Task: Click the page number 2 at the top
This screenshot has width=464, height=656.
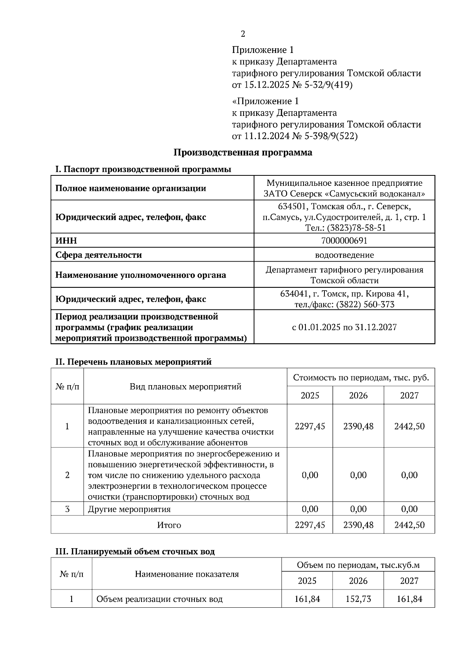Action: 243,34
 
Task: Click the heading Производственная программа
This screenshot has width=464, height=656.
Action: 242,152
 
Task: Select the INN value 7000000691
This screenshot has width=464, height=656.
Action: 344,241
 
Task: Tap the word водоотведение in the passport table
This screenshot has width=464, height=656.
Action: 344,255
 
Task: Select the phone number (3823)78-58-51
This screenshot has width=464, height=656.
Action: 357,228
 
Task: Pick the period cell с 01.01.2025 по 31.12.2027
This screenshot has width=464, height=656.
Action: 344,327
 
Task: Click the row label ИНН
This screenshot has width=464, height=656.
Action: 66,241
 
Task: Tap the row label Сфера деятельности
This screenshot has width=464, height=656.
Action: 99,255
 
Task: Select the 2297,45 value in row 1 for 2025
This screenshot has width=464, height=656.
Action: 310,426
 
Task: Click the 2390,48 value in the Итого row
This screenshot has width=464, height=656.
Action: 358,525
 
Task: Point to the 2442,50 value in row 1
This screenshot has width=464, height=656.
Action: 409,426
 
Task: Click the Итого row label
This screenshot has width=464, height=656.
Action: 169,525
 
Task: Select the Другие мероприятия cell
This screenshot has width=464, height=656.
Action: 129,509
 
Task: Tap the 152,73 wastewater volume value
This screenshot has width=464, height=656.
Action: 358,599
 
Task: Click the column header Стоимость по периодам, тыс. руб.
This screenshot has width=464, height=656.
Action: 361,377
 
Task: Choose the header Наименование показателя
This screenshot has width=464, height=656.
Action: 187,574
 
